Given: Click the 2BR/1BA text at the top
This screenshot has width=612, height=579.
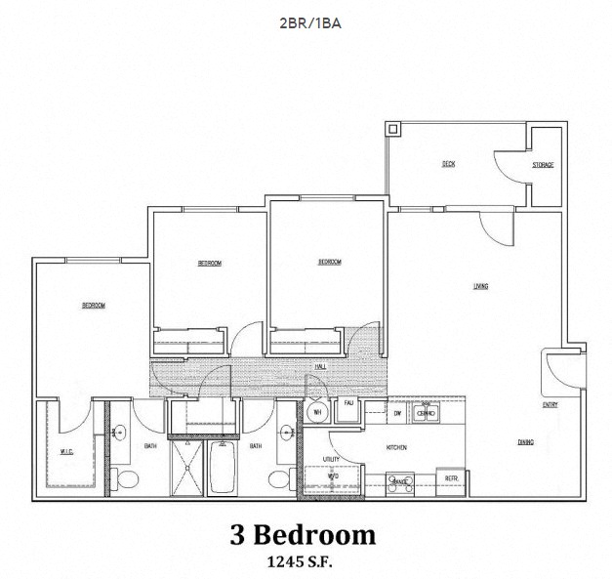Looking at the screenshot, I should click(x=306, y=21).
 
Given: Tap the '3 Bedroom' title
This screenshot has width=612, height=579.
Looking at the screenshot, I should click(x=303, y=534).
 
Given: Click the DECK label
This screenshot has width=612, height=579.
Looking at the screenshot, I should click(x=448, y=164).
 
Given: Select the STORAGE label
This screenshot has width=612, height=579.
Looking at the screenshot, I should click(x=543, y=165).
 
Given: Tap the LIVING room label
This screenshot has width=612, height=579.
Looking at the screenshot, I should click(x=480, y=286).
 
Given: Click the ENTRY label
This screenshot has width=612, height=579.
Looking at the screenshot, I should click(x=551, y=404).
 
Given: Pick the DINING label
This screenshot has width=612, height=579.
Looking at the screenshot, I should click(x=525, y=442).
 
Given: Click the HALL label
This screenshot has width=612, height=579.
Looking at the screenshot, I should click(x=320, y=367).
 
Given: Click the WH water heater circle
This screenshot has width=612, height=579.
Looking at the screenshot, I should click(x=315, y=414).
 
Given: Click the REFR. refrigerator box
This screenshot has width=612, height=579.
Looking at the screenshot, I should click(x=451, y=478).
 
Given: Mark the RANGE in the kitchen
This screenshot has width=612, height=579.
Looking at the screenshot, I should click(x=399, y=480).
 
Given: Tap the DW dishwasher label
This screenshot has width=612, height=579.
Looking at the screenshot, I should click(x=398, y=413).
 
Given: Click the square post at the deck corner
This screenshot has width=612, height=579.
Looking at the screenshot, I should click(x=393, y=128).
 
